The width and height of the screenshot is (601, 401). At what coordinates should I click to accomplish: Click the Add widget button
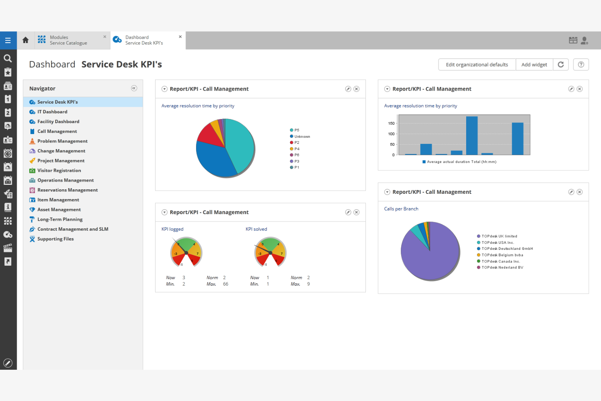(534, 65)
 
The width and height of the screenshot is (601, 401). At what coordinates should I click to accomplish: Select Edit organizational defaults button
(477, 65)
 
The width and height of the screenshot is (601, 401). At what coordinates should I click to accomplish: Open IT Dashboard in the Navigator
(52, 112)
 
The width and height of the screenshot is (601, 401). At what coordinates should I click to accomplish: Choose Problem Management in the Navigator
(62, 141)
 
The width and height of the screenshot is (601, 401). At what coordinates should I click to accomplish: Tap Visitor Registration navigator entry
(59, 171)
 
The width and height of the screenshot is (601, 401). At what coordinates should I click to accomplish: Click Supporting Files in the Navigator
(55, 239)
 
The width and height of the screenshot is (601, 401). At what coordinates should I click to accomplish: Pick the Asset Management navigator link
(59, 210)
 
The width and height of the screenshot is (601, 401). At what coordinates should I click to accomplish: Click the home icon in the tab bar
(26, 40)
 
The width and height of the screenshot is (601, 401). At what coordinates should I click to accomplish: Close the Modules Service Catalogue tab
(105, 37)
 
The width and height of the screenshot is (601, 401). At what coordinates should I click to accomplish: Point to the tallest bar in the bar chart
(471, 136)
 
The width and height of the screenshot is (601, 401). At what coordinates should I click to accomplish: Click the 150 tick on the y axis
(391, 124)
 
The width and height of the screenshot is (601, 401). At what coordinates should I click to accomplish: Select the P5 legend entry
(296, 130)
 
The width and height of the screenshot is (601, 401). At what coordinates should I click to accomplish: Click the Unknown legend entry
(302, 137)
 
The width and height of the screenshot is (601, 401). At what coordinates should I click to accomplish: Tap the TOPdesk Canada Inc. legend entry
(500, 261)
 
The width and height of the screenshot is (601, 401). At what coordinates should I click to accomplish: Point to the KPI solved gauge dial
(270, 252)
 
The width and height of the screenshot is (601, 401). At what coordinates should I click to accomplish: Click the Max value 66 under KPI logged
(225, 284)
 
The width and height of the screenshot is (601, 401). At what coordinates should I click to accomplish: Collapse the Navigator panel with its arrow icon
(134, 88)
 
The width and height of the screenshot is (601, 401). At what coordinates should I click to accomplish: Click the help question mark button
(581, 65)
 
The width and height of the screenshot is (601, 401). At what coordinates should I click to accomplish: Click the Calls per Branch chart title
(401, 209)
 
